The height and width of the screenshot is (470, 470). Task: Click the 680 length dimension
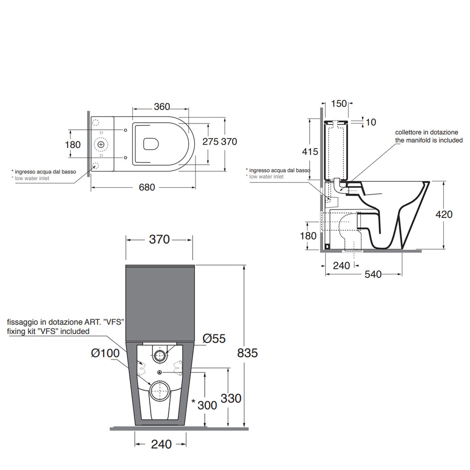(x=147, y=187)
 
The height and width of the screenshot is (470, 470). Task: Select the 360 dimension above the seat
(x=162, y=106)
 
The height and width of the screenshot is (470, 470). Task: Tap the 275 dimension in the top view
(x=210, y=141)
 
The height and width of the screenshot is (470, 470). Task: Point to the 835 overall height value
(x=247, y=353)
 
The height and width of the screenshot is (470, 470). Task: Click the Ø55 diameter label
(x=214, y=338)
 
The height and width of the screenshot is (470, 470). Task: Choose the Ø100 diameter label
(x=105, y=353)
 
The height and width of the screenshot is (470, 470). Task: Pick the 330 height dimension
(x=231, y=398)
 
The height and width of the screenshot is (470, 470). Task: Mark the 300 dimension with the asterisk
(x=204, y=405)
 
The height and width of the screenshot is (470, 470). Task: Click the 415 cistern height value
(x=310, y=151)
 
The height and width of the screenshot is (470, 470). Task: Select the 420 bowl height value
(x=444, y=214)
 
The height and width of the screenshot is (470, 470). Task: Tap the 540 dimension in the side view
(x=373, y=274)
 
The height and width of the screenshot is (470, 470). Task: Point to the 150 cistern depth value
(x=339, y=104)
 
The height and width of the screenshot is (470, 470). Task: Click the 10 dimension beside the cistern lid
(x=371, y=122)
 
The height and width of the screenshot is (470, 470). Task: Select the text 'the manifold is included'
(x=429, y=140)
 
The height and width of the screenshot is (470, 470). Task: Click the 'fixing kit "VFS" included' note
(x=48, y=331)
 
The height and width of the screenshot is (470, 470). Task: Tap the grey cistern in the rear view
(x=160, y=303)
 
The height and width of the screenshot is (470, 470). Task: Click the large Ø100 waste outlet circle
(x=159, y=390)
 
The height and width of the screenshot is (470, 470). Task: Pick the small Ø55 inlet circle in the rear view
(x=160, y=356)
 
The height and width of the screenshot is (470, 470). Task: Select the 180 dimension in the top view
(x=73, y=145)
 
